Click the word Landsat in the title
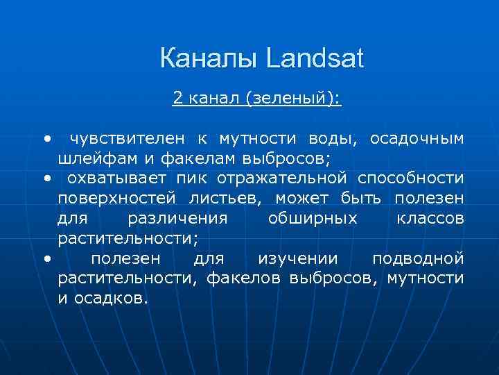pos(314,59)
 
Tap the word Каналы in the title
pos(209,59)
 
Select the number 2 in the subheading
pos(177,99)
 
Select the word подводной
pos(418,259)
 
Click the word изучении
pos(298,259)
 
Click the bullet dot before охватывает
pos(46,178)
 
